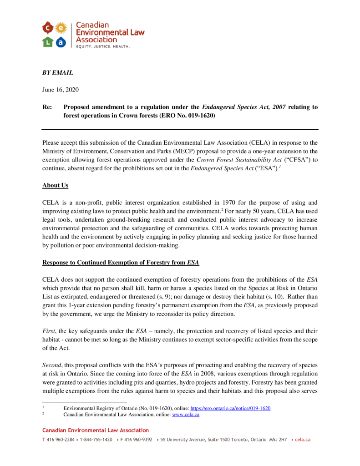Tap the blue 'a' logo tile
point(61,42)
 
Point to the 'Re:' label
point(47,107)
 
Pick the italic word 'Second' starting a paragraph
point(52,365)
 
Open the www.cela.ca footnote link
point(186,414)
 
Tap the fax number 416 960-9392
point(138,440)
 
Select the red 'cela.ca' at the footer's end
point(303,440)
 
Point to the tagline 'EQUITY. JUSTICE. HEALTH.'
point(102,46)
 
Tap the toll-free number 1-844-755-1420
point(96,440)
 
